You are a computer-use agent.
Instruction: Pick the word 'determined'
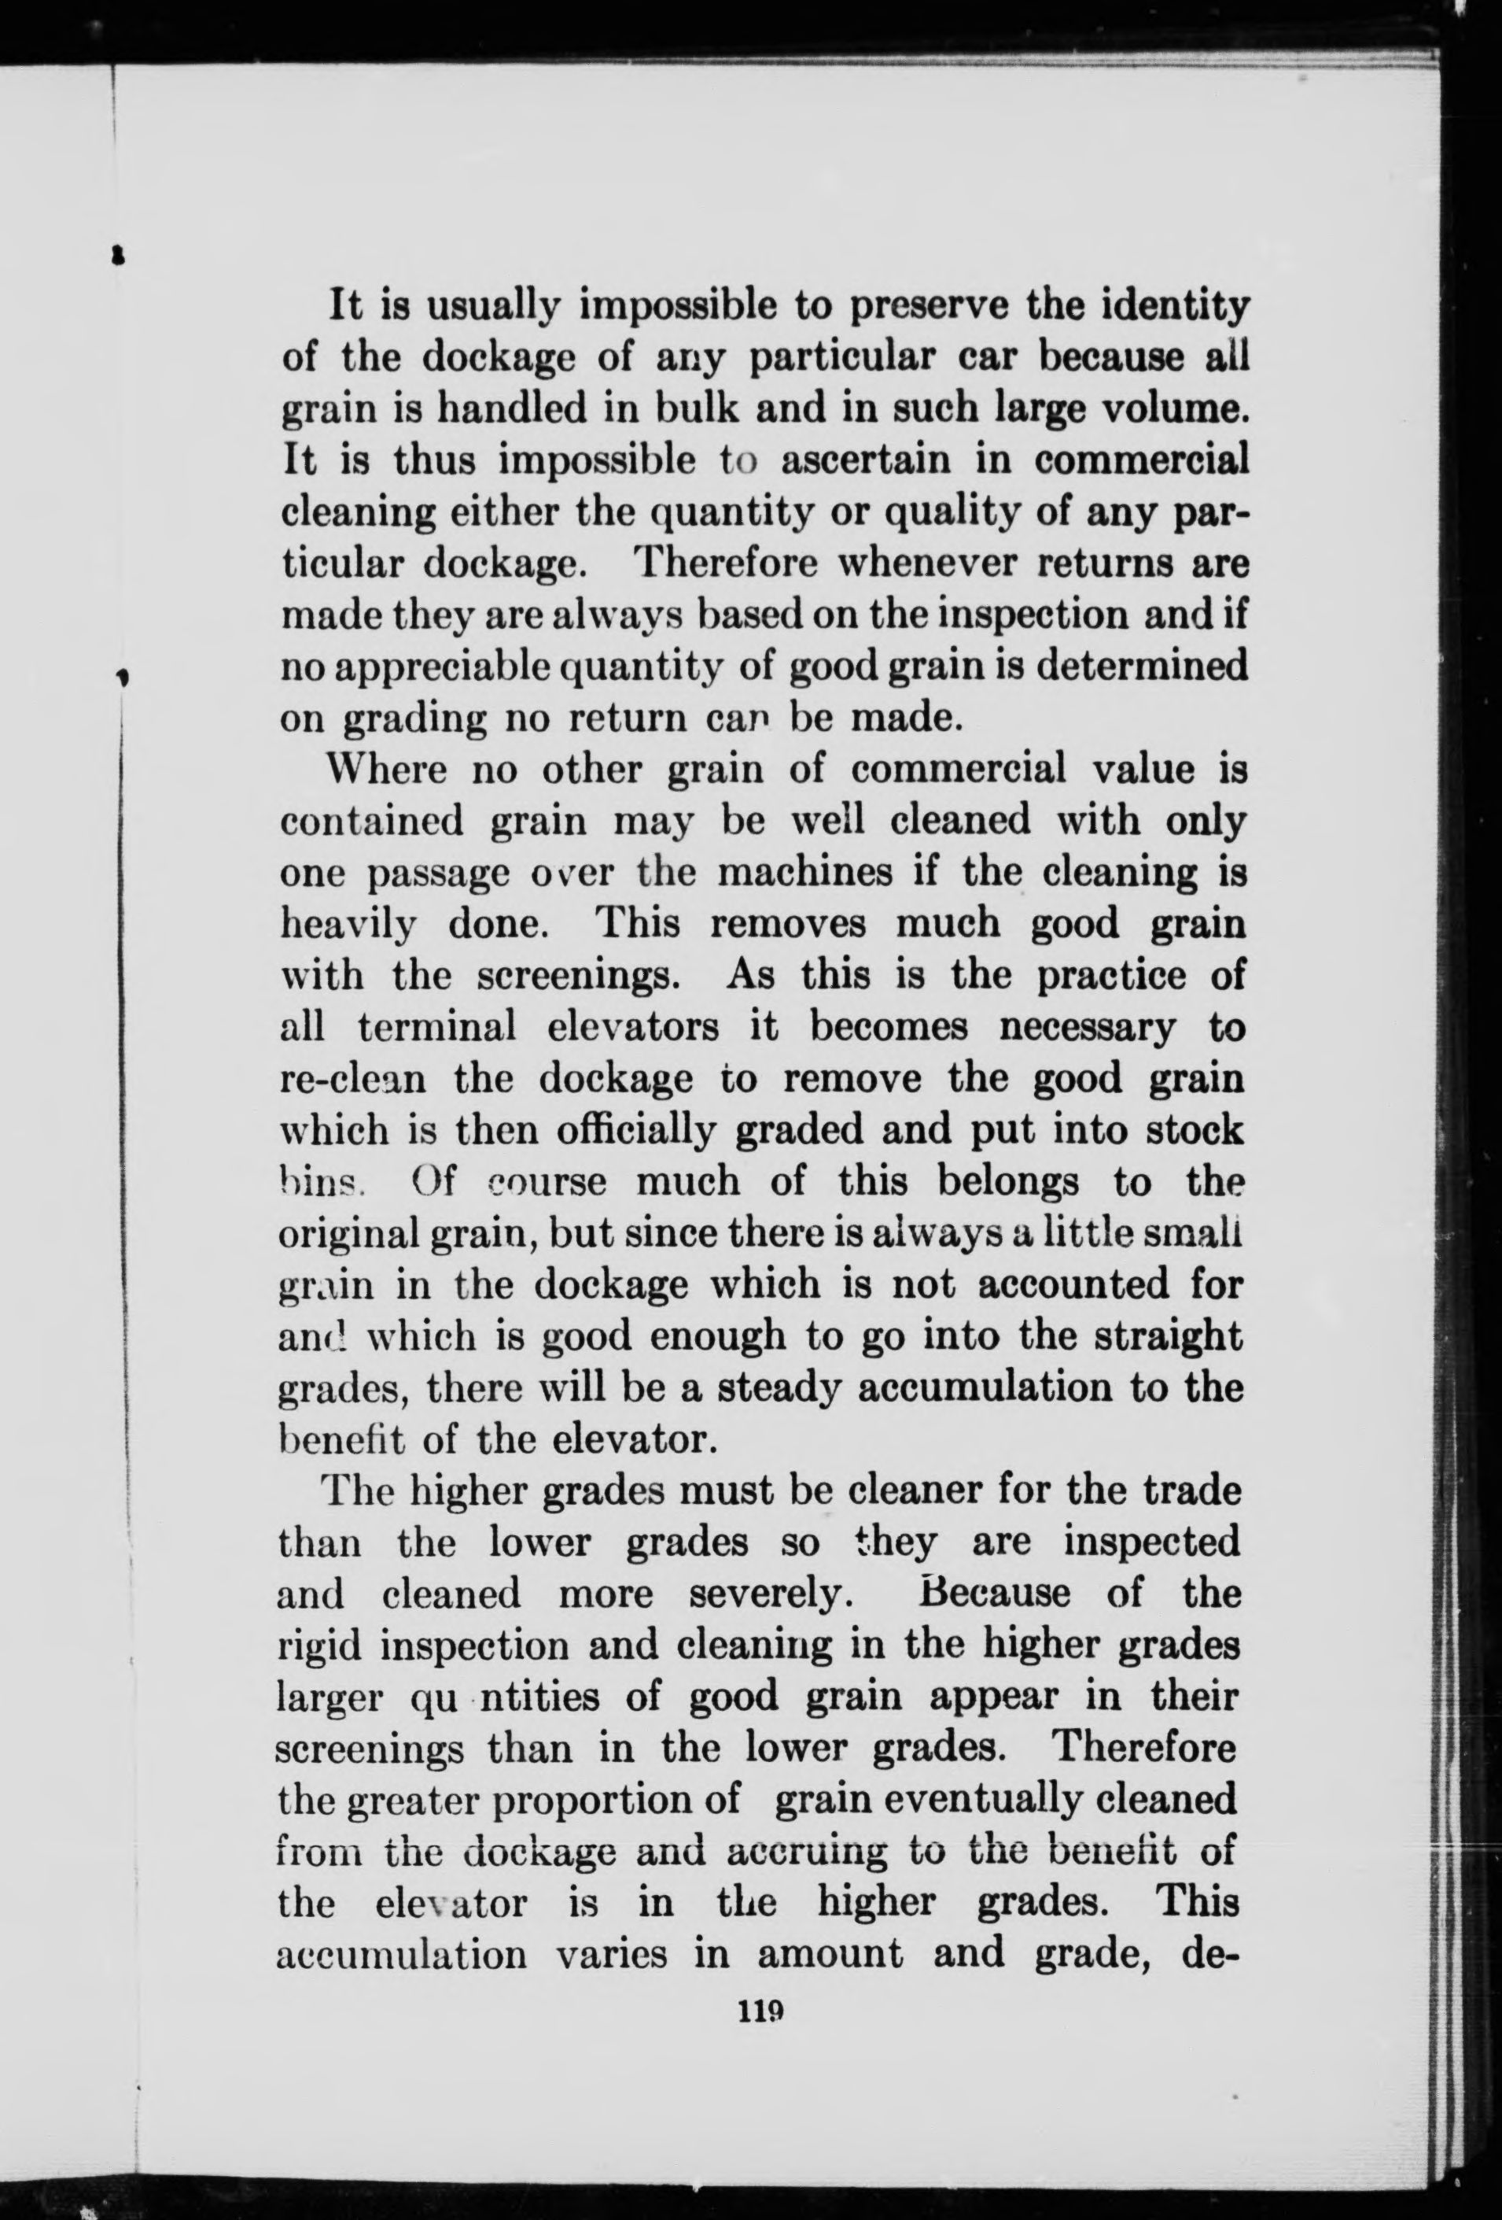(x=1142, y=667)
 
